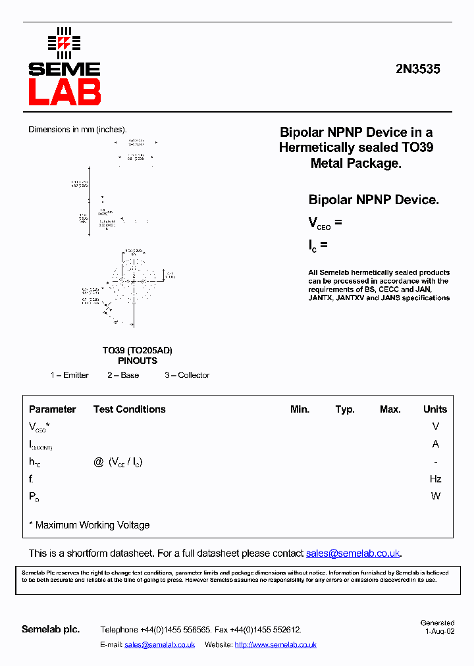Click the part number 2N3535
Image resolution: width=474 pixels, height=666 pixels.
(418, 68)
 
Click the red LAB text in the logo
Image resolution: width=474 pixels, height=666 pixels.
(65, 93)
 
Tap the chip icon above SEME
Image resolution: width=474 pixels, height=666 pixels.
(64, 43)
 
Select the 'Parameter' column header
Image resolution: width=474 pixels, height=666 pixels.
(53, 409)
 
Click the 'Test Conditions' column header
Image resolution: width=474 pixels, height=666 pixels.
(130, 409)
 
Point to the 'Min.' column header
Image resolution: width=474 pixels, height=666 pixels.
(300, 409)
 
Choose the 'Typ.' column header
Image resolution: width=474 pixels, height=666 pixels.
(345, 409)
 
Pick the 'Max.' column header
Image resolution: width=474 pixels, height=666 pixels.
(390, 409)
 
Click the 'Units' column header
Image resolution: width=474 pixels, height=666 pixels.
(435, 409)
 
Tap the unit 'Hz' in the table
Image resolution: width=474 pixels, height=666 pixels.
(435, 479)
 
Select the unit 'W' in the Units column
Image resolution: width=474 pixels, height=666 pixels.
(435, 496)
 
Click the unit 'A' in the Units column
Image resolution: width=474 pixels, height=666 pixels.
(435, 444)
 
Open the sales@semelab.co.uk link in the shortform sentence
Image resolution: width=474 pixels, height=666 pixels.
(353, 553)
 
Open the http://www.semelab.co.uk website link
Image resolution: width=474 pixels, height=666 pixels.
(275, 645)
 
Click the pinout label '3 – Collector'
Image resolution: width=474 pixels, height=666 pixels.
(187, 375)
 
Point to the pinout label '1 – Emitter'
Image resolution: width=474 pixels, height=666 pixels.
(70, 375)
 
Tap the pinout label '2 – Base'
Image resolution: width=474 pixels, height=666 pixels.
(123, 375)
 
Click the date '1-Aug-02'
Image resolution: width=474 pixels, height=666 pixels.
(440, 630)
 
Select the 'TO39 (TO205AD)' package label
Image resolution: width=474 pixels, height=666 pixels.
(137, 351)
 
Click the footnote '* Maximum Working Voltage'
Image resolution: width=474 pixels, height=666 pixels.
(90, 525)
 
